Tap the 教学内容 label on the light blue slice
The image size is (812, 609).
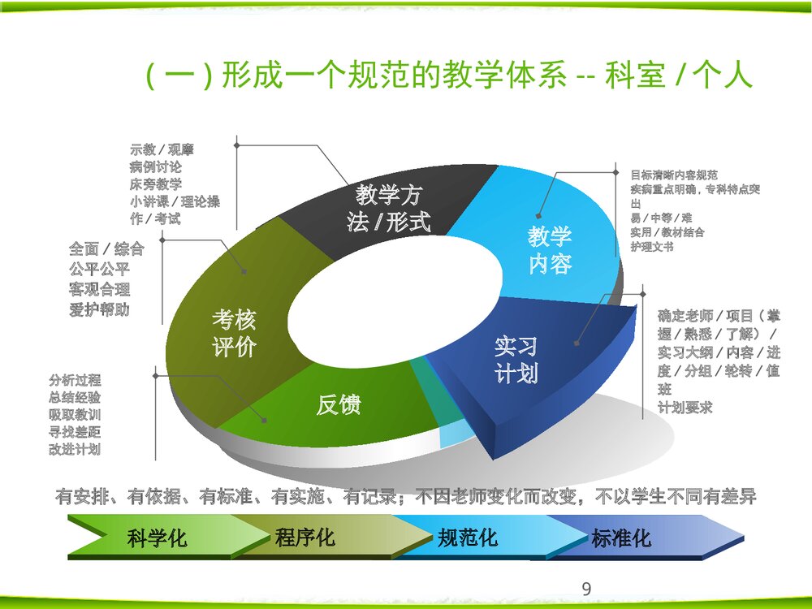pos(550,250)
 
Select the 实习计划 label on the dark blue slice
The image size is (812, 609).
pos(516,360)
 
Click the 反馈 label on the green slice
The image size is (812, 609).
pos(339,404)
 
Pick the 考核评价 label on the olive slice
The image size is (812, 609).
pos(235,333)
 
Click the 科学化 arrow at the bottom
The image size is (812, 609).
pos(157,538)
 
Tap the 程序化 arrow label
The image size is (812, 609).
pos(304,538)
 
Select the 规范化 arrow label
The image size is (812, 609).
pos(468,538)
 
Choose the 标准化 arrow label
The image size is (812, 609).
pos(621,538)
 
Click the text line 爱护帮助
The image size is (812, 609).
pos(99,310)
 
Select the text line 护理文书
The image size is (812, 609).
pos(652,247)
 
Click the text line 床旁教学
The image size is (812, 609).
pos(156,185)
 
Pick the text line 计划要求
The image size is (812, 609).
pos(685,408)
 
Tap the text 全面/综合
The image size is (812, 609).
pos(106,249)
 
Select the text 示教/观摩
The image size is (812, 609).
pos(162,149)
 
